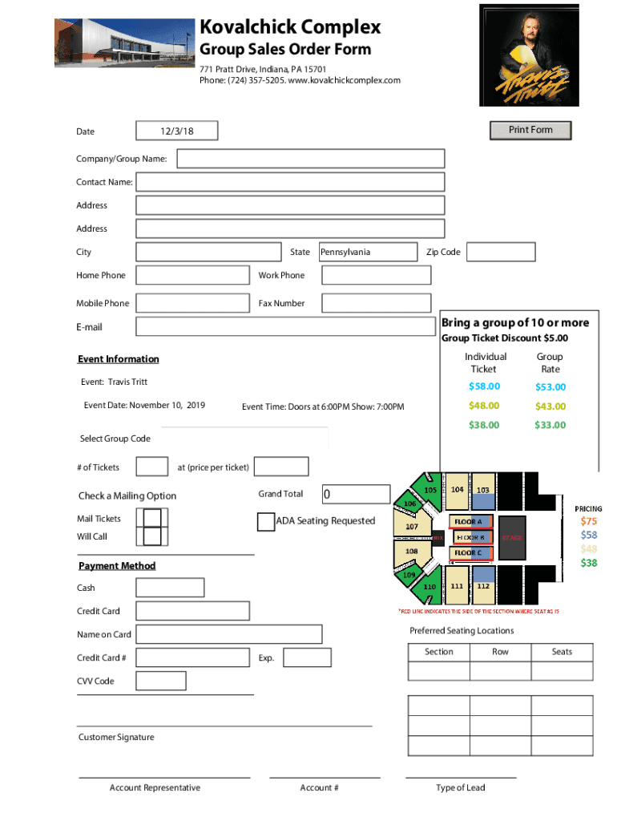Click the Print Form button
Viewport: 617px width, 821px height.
530,130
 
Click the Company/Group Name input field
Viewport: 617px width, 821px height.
310,159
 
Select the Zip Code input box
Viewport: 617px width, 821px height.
500,252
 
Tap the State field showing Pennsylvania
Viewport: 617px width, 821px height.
368,252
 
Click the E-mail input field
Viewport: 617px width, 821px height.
285,326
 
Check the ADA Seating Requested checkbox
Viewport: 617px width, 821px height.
266,522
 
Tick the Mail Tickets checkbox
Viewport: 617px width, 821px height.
151,518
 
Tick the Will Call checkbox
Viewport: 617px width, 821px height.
151,536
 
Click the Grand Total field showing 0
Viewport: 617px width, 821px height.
356,495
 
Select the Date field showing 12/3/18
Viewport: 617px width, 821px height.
176,131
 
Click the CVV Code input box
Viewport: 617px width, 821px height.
161,681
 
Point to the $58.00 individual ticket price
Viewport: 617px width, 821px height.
484,386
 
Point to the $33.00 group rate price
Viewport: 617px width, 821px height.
550,425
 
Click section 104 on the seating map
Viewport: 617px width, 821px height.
456,490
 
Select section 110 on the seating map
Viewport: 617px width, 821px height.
429,587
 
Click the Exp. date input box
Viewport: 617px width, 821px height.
307,657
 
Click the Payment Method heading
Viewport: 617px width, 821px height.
117,566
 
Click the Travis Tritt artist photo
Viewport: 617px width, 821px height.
529,55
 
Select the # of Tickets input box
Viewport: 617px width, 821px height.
152,467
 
